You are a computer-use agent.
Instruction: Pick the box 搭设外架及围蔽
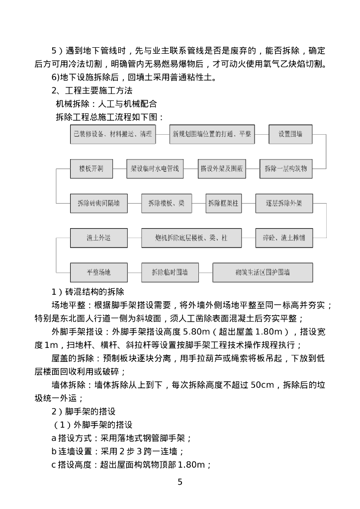(222, 169)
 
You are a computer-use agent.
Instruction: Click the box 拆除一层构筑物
(285, 169)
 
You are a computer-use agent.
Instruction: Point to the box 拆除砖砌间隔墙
(98, 203)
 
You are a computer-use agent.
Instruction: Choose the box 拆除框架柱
(223, 203)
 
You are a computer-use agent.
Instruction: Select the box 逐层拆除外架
(284, 203)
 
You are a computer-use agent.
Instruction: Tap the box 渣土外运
(98, 238)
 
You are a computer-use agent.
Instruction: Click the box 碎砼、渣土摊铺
(284, 238)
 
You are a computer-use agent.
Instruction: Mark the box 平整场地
(98, 272)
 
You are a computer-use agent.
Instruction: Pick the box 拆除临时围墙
(170, 272)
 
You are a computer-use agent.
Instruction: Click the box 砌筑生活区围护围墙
(263, 272)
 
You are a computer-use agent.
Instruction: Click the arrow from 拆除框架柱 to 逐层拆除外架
(248, 203)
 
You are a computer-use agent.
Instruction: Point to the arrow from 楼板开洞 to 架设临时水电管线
(119, 169)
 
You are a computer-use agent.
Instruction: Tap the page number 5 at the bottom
(180, 482)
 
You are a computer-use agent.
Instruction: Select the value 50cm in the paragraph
(262, 385)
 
